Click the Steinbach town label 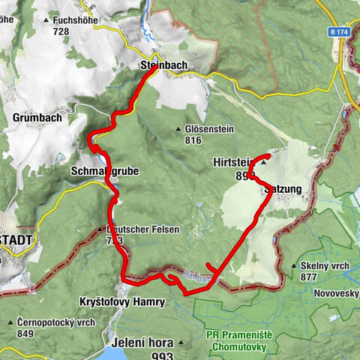(163, 66)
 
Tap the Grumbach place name (37, 118)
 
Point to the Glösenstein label (209, 129)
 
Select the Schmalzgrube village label (104, 171)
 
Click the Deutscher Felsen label (142, 229)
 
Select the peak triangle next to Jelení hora (181, 343)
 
